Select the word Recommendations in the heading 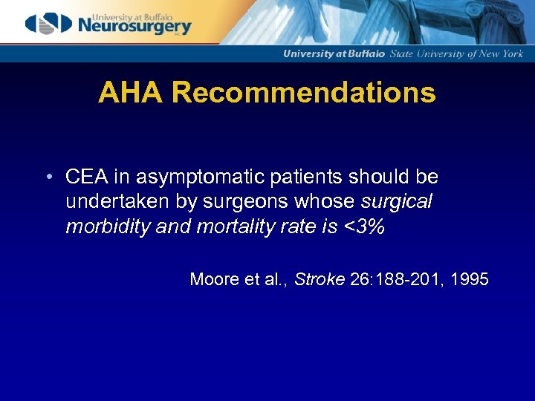pyautogui.click(x=302, y=93)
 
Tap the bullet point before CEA pyautogui.click(x=48, y=177)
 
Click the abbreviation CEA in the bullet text pyautogui.click(x=84, y=177)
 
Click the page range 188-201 pyautogui.click(x=402, y=279)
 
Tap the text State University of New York pyautogui.click(x=467, y=53)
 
